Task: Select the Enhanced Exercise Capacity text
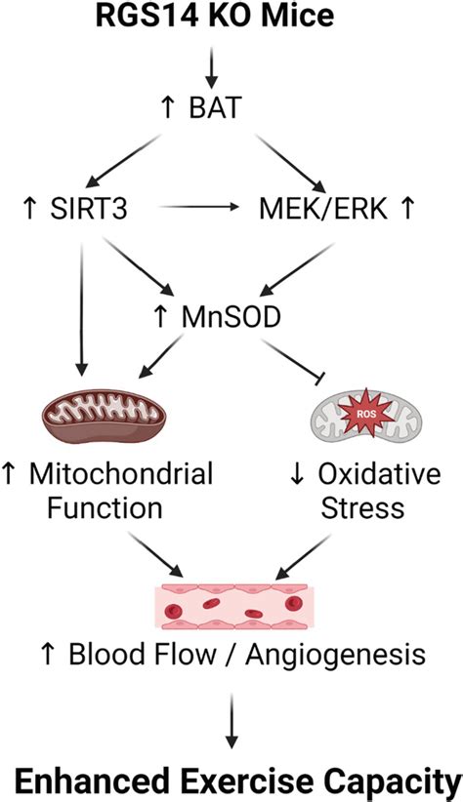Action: [x=231, y=778]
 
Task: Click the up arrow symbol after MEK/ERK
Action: [x=405, y=208]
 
